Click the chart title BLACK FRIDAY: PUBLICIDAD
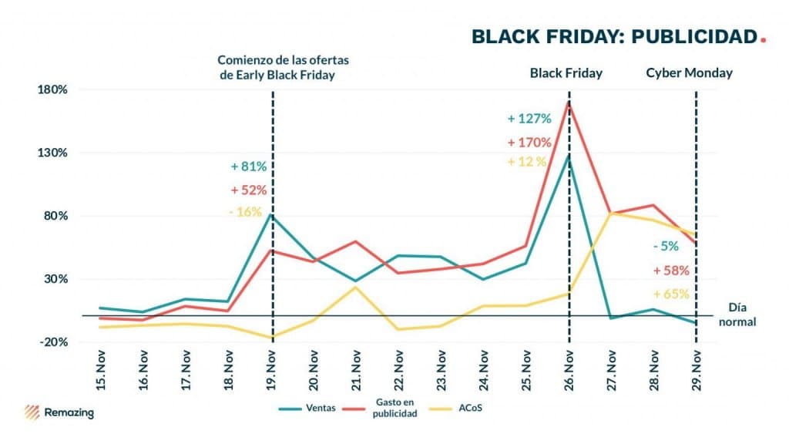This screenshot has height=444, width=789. (x=614, y=36)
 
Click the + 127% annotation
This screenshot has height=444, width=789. (x=529, y=119)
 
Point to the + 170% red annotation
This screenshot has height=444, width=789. (x=529, y=143)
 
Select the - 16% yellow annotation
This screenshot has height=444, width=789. (x=246, y=211)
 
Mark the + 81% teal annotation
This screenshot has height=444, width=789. (x=249, y=166)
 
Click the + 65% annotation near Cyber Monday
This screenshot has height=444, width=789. (x=670, y=294)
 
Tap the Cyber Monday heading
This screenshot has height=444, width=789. (x=689, y=73)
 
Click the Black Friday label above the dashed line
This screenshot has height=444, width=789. (x=566, y=73)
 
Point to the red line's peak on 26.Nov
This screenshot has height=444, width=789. (x=569, y=102)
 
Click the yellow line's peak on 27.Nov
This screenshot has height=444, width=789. (x=611, y=213)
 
